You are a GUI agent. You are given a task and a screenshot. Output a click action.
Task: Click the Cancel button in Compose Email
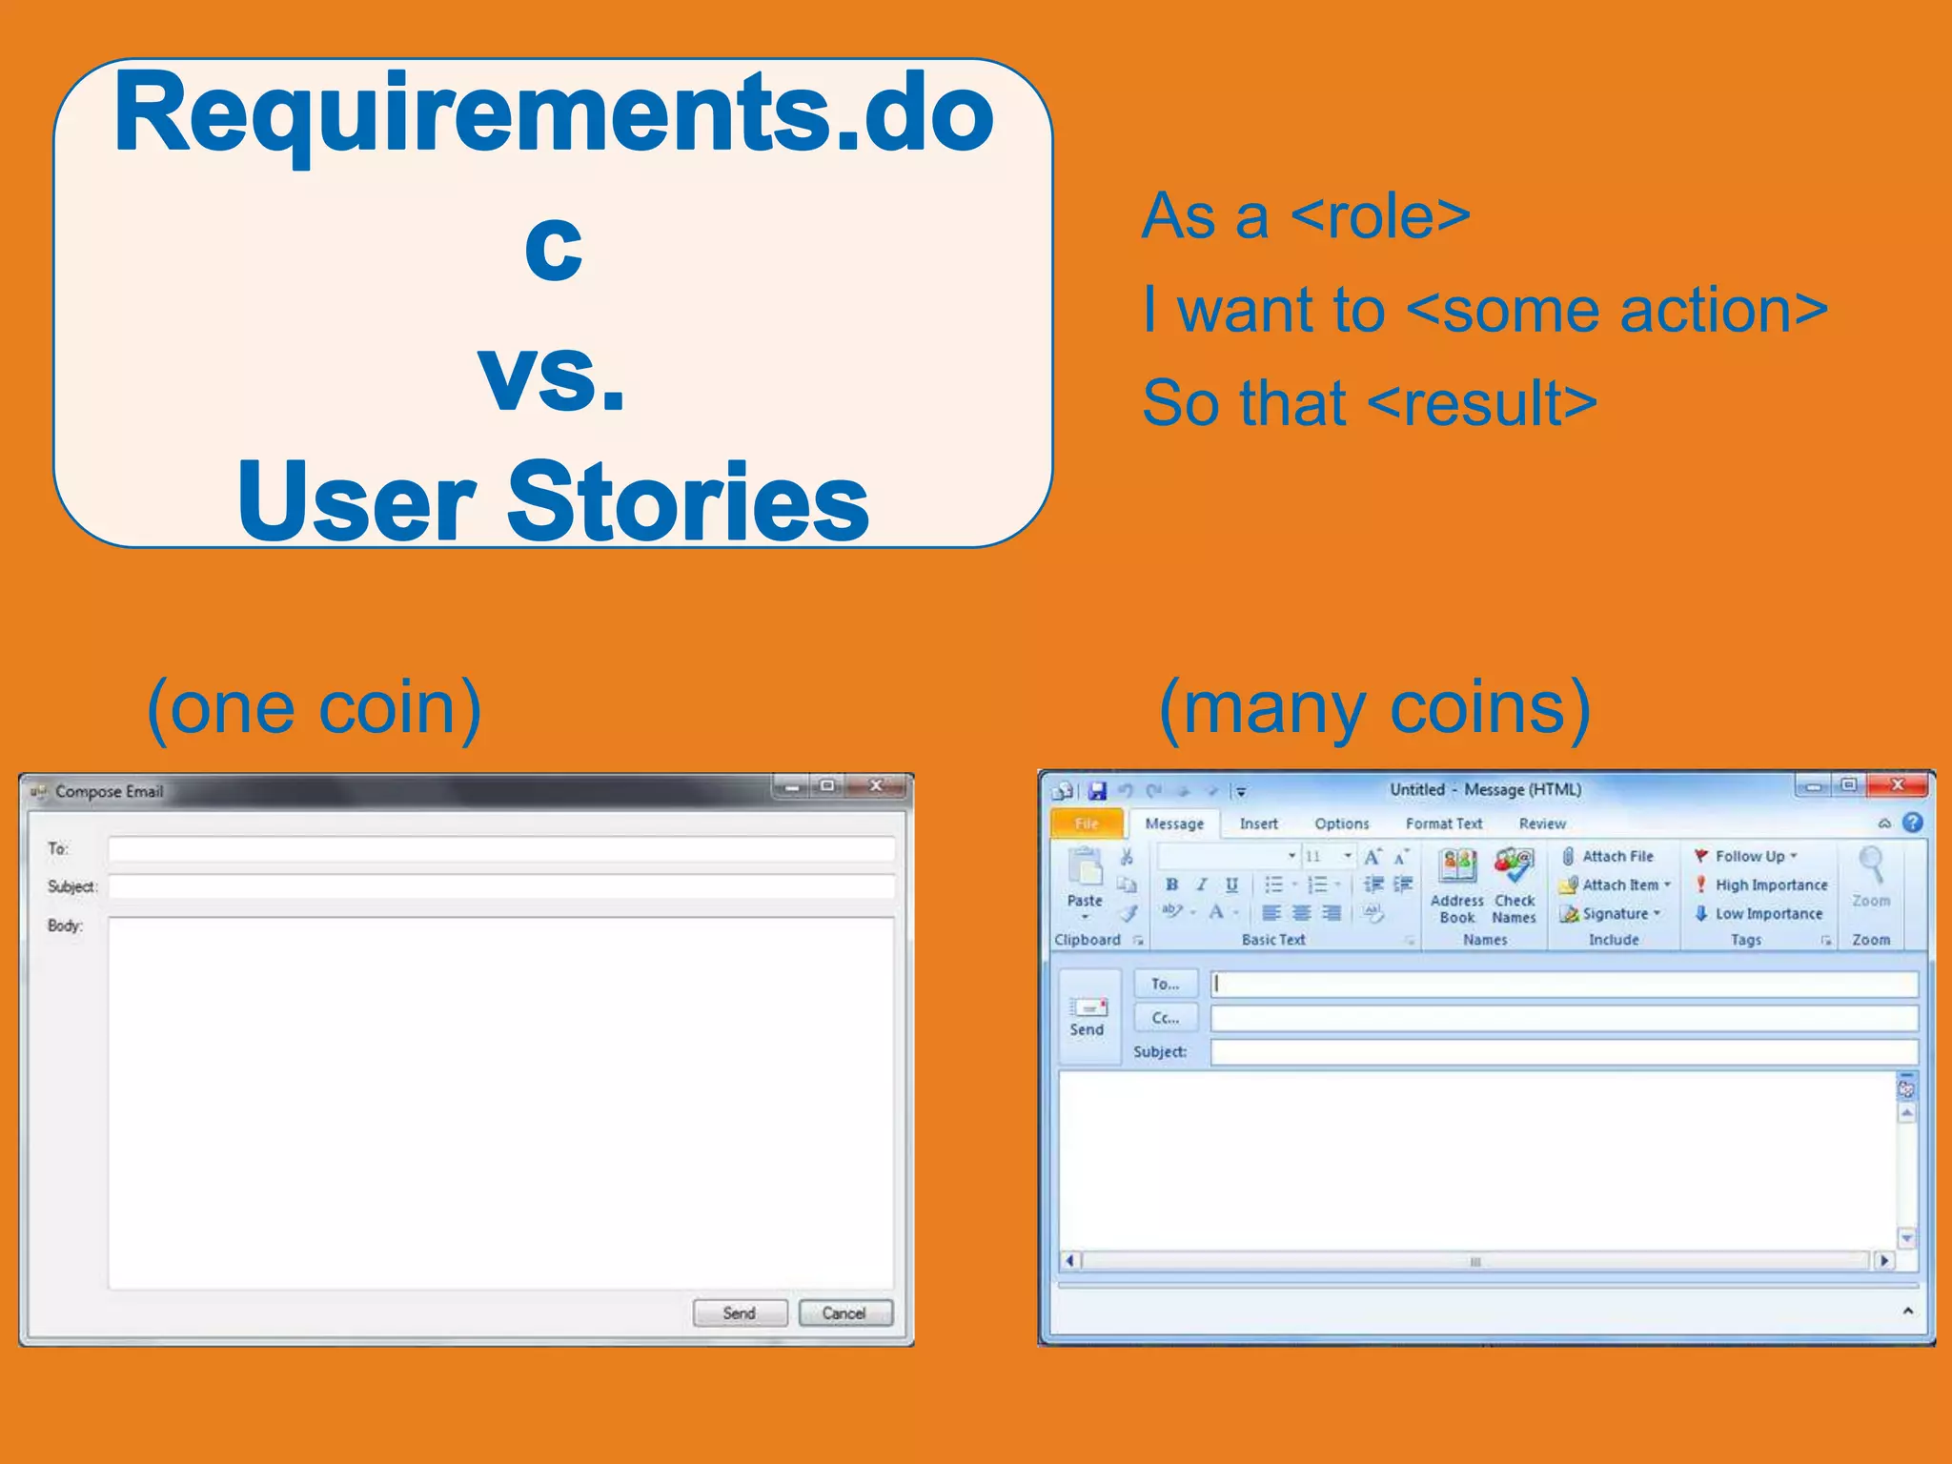[844, 1312]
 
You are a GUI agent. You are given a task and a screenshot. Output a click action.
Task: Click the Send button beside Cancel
[740, 1312]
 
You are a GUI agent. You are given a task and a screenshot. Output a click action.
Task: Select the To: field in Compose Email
[501, 848]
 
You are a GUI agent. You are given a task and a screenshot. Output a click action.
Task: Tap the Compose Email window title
[109, 791]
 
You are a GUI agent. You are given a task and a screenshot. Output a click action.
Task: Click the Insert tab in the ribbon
[1258, 823]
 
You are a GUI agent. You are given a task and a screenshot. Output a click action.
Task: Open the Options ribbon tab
[1341, 823]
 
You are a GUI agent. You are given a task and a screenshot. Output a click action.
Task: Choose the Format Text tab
[1443, 823]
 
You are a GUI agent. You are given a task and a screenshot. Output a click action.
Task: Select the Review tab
[1541, 823]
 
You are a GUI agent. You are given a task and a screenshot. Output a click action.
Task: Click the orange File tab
[1086, 823]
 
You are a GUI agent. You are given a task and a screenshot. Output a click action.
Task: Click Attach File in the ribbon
[1616, 856]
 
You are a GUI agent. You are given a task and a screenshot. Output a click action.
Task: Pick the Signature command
[1614, 913]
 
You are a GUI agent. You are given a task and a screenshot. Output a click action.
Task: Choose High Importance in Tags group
[1770, 884]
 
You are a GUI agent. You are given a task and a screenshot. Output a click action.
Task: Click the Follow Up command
[1749, 856]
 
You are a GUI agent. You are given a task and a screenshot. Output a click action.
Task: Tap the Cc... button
[1165, 1018]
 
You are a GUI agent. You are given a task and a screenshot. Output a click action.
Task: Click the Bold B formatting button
[1171, 884]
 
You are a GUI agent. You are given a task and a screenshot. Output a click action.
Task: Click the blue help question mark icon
[1912, 823]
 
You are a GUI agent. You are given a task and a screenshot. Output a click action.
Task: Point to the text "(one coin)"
[314, 707]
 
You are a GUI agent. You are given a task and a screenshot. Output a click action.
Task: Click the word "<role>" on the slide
[1380, 216]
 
